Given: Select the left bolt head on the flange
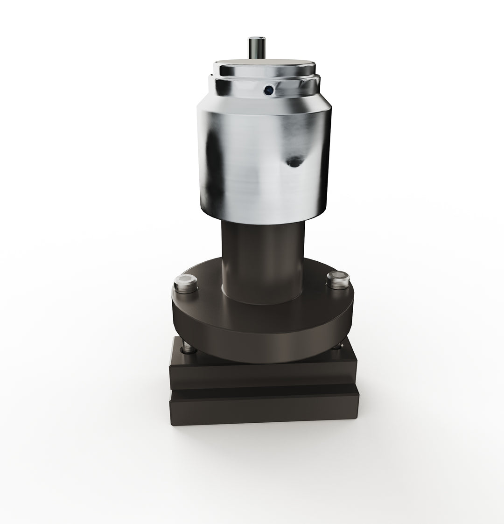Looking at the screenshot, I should point(185,283).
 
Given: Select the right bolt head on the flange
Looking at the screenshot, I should point(337,279).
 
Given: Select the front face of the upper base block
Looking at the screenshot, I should point(264,373).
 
